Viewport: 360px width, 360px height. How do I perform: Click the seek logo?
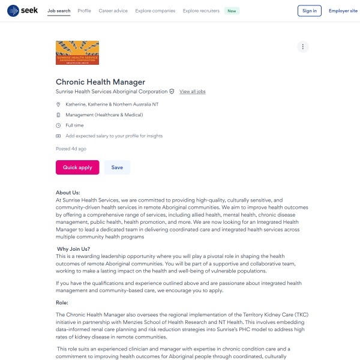pyautogui.click(x=22, y=11)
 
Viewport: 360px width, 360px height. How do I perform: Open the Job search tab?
pyautogui.click(x=59, y=11)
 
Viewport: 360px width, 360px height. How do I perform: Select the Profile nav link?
pyautogui.click(x=85, y=11)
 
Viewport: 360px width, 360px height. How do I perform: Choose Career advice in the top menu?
pyautogui.click(x=113, y=11)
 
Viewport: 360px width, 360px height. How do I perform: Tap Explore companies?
pyautogui.click(x=155, y=11)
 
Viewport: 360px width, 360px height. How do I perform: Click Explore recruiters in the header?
pyautogui.click(x=200, y=11)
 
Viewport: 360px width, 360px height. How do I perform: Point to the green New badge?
pyautogui.click(x=232, y=11)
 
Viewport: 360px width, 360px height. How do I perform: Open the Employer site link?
pyautogui.click(x=343, y=11)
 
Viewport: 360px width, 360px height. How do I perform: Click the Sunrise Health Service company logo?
pyautogui.click(x=77, y=52)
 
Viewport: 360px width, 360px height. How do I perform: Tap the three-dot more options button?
pyautogui.click(x=303, y=47)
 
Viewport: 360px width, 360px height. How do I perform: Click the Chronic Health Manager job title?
pyautogui.click(x=100, y=82)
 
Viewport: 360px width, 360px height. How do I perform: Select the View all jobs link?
pyautogui.click(x=193, y=92)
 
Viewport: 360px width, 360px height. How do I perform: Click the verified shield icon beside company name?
pyautogui.click(x=172, y=92)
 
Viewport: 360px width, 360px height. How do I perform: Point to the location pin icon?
pyautogui.click(x=58, y=104)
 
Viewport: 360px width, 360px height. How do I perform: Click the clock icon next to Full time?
pyautogui.click(x=58, y=125)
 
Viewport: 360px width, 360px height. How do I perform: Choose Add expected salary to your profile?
pyautogui.click(x=114, y=136)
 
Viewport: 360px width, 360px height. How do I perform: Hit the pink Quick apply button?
pyautogui.click(x=77, y=167)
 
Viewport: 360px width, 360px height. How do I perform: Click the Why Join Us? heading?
pyautogui.click(x=74, y=249)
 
